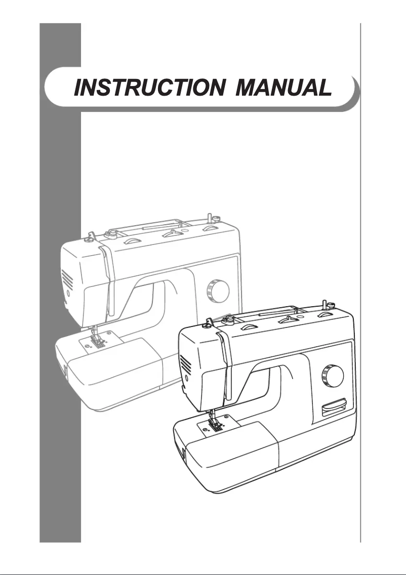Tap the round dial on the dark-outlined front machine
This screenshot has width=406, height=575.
[x=333, y=376]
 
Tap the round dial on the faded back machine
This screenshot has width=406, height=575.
[x=218, y=290]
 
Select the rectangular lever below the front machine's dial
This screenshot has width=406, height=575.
[x=332, y=406]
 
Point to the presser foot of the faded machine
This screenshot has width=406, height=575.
[x=97, y=338]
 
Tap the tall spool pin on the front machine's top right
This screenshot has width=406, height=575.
[x=323, y=307]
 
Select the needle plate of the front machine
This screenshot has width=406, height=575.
[x=216, y=426]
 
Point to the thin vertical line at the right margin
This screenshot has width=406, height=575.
[x=360, y=304]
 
